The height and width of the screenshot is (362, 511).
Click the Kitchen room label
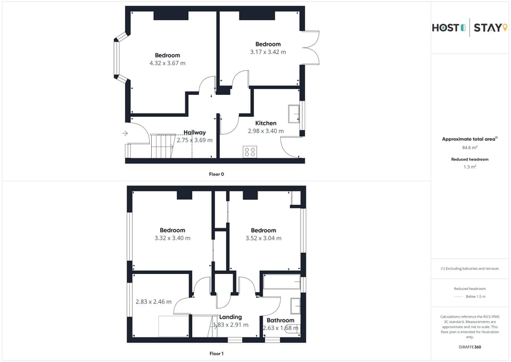[266, 123]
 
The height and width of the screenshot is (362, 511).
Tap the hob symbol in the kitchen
[249, 151]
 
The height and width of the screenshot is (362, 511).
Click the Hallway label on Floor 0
[195, 133]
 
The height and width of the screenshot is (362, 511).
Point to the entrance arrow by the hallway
[125, 133]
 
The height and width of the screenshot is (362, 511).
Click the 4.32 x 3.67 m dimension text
[168, 63]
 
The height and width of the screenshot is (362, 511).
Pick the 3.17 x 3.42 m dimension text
[268, 52]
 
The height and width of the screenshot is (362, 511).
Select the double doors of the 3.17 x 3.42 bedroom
[311, 48]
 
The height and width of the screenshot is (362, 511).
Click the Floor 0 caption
[217, 174]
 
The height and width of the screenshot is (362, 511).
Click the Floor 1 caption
[217, 353]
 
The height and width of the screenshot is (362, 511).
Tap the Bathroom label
[281, 320]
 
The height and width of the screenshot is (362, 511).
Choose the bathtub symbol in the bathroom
[282, 281]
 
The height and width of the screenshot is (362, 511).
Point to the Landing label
[230, 317]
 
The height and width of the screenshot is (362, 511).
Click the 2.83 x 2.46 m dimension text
[154, 302]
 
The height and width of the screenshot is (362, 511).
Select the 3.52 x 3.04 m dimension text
[263, 238]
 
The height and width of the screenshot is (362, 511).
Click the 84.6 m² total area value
[469, 147]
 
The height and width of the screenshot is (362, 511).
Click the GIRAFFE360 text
[470, 347]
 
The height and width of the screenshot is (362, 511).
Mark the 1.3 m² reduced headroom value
[469, 167]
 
